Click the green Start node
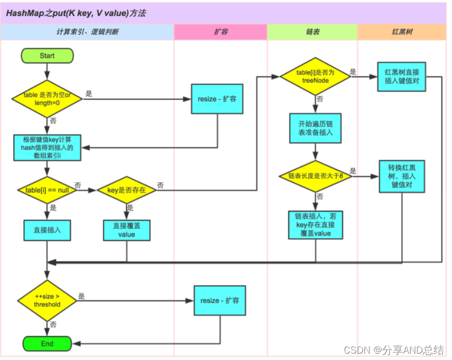tap(47, 56)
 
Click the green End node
tap(47, 343)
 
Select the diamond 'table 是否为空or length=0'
tap(47, 98)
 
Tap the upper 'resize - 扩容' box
tap(217, 99)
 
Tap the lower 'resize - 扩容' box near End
tap(220, 301)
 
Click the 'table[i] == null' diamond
tap(47, 190)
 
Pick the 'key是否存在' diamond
tap(126, 190)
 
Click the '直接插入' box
tap(47, 231)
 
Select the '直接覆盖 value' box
tap(126, 230)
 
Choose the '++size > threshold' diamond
tap(47, 301)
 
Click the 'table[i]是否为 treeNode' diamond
tap(315, 77)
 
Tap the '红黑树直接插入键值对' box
tap(402, 77)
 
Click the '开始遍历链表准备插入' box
tap(315, 128)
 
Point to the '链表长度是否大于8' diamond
tap(315, 176)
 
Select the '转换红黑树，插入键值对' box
tap(402, 176)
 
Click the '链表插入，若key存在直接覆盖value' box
tap(315, 225)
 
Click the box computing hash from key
tap(47, 147)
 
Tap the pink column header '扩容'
tap(220, 32)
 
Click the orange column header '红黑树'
tap(402, 32)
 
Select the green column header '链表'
tap(312, 32)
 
